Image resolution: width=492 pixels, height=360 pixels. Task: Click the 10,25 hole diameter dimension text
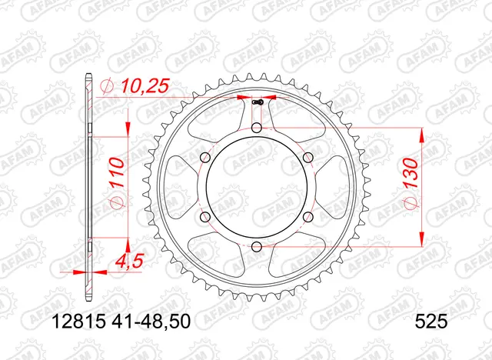139,88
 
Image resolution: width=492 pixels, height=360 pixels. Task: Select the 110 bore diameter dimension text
113,177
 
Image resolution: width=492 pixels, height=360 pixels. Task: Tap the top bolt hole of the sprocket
257,127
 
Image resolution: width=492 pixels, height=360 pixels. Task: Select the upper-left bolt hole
204,157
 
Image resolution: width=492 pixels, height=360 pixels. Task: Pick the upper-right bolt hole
309,157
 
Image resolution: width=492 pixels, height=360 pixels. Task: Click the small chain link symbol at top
258,100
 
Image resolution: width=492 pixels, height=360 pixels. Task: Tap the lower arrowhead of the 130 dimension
421,238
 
